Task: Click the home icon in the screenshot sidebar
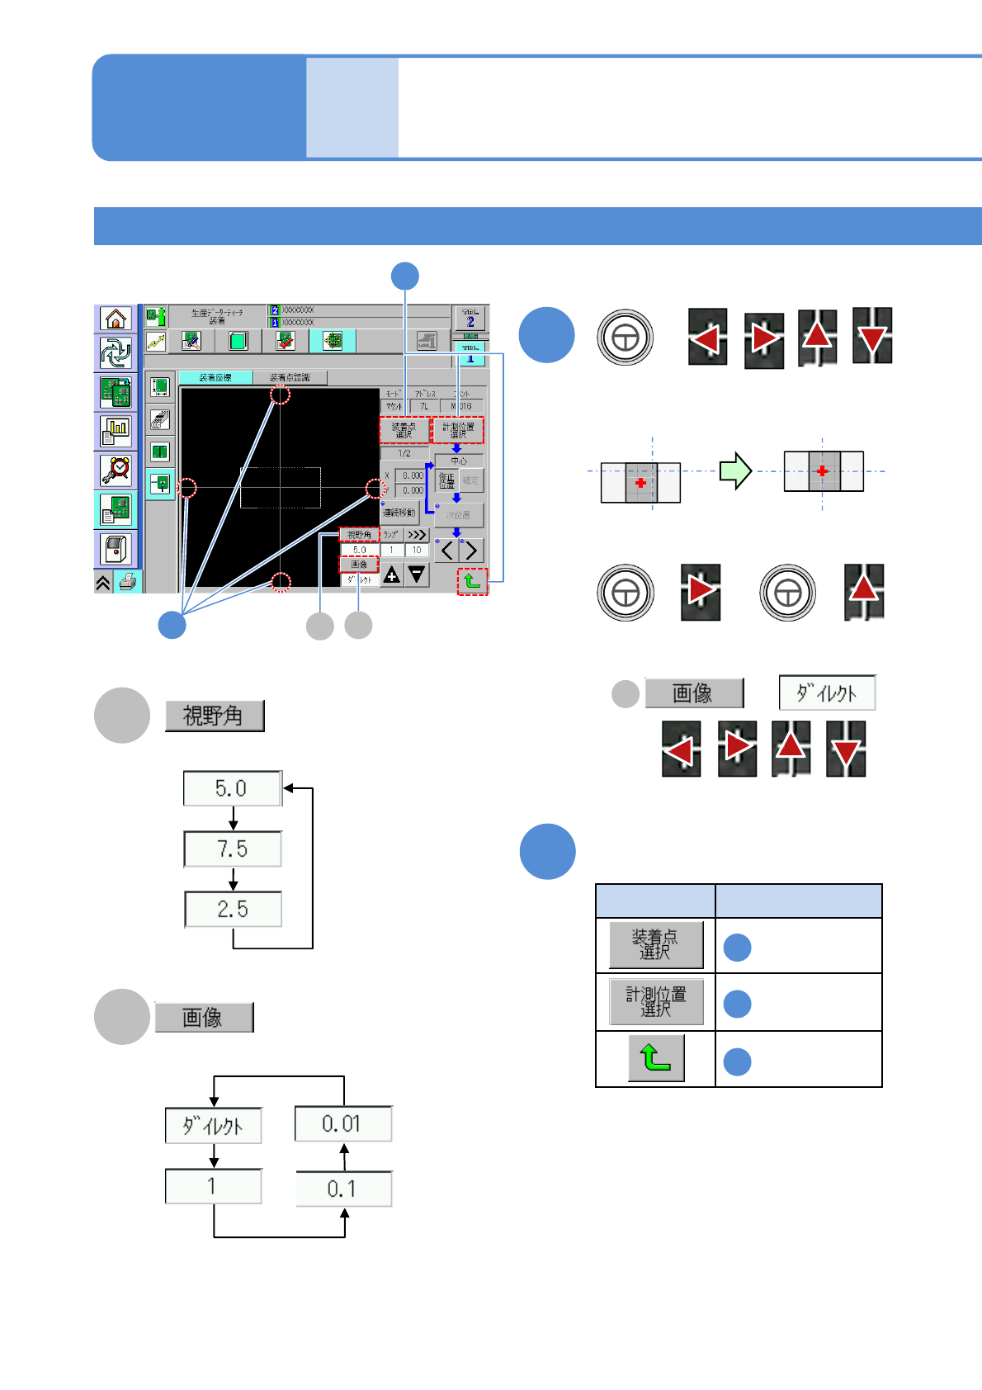[116, 319]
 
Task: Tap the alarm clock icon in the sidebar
[116, 470]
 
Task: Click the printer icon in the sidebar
[128, 582]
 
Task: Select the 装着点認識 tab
[290, 377]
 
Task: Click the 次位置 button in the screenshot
[459, 515]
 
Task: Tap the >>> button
[417, 535]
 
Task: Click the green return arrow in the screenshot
[473, 581]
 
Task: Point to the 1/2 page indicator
[404, 453]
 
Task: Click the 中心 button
[459, 461]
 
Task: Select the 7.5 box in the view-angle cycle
[233, 849]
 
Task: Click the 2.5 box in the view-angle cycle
[233, 910]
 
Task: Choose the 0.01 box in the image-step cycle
[342, 1124]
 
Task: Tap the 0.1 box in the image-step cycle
[342, 1189]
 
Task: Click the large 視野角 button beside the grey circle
[215, 716]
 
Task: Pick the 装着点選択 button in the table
[656, 945]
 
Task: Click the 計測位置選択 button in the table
[656, 1002]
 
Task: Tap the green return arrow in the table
[656, 1058]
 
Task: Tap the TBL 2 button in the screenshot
[470, 319]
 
